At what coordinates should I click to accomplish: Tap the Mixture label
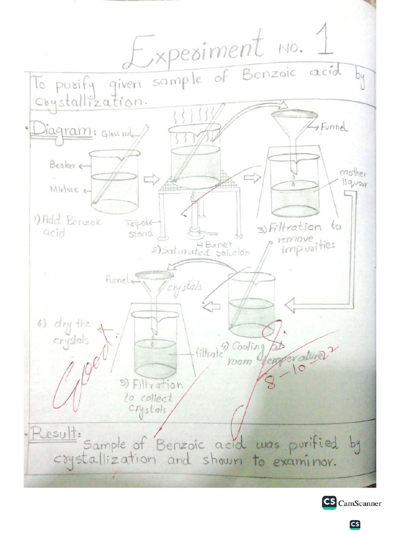[64, 189]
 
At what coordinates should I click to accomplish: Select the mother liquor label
[354, 178]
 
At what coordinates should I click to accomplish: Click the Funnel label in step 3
[334, 126]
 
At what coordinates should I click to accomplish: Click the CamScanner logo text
[359, 503]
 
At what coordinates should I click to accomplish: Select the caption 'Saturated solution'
[201, 251]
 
